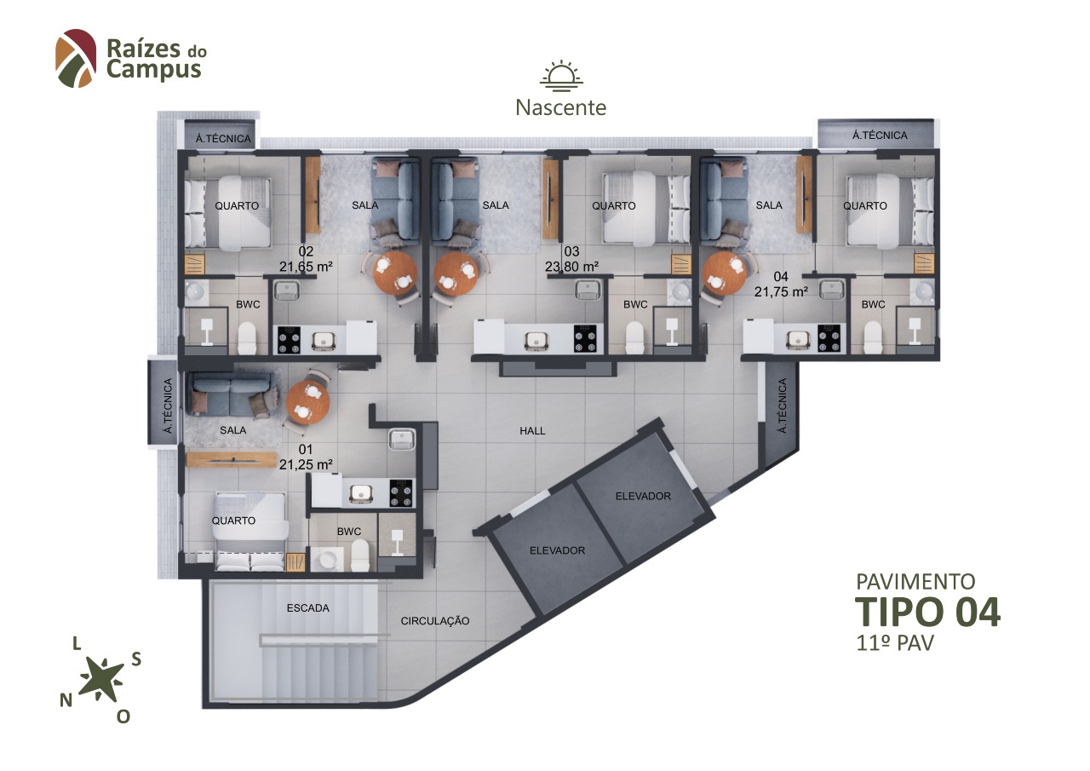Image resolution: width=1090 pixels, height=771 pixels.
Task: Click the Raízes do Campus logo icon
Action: pos(76,59)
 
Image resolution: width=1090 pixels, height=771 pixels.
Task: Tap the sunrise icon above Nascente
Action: pos(561,76)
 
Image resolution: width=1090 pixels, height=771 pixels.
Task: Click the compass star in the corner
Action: pos(102,678)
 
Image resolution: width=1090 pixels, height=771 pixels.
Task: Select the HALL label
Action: pos(532,431)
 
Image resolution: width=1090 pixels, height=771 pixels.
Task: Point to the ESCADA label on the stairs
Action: pos(308,608)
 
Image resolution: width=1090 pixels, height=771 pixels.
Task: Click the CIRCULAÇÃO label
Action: pos(435,621)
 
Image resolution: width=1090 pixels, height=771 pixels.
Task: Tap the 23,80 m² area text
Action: pos(571,267)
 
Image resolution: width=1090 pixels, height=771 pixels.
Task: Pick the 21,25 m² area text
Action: pos(306,465)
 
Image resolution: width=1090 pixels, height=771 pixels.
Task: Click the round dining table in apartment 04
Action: pos(725,273)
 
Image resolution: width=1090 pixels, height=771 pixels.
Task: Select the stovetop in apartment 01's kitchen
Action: pos(401,493)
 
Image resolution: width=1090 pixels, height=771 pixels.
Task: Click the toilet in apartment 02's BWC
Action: pos(247,337)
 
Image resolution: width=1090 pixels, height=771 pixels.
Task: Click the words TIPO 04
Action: pos(927,612)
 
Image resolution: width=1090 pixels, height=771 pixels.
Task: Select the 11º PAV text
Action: pos(895,643)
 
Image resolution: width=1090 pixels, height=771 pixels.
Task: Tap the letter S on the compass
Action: pos(136,659)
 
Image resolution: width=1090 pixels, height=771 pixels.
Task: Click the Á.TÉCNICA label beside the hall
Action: pos(783,406)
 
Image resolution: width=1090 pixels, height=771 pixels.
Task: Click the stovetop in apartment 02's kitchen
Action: pos(289,340)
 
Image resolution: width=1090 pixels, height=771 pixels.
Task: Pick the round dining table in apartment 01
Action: pos(308,402)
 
